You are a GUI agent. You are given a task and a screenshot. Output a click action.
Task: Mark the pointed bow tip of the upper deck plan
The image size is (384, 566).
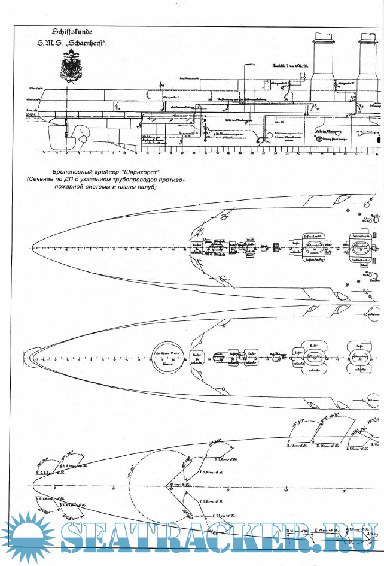(31, 248)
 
